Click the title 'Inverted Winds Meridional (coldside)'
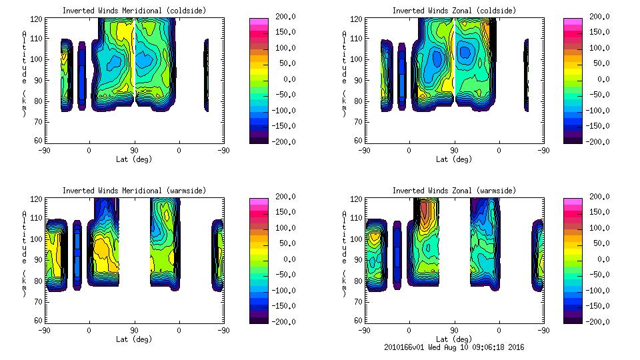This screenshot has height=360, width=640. [134, 11]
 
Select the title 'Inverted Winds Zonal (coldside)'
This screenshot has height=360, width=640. [454, 11]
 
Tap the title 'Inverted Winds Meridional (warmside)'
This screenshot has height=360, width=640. [134, 191]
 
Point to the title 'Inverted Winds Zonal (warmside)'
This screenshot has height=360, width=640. [454, 191]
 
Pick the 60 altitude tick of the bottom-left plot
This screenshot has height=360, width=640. [39, 320]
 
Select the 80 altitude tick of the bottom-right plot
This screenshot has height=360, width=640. [359, 280]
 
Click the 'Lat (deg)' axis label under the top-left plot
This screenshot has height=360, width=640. [134, 159]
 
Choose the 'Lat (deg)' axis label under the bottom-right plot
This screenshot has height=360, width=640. [454, 339]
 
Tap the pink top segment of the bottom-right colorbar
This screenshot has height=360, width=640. [573, 201]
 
